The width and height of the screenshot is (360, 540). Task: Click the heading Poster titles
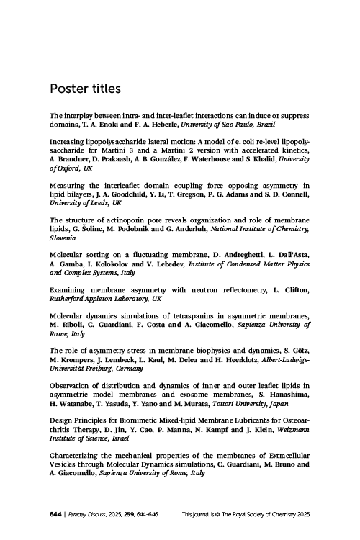pyautogui.click(x=85, y=89)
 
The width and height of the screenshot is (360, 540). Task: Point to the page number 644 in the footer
pyautogui.click(x=55, y=514)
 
